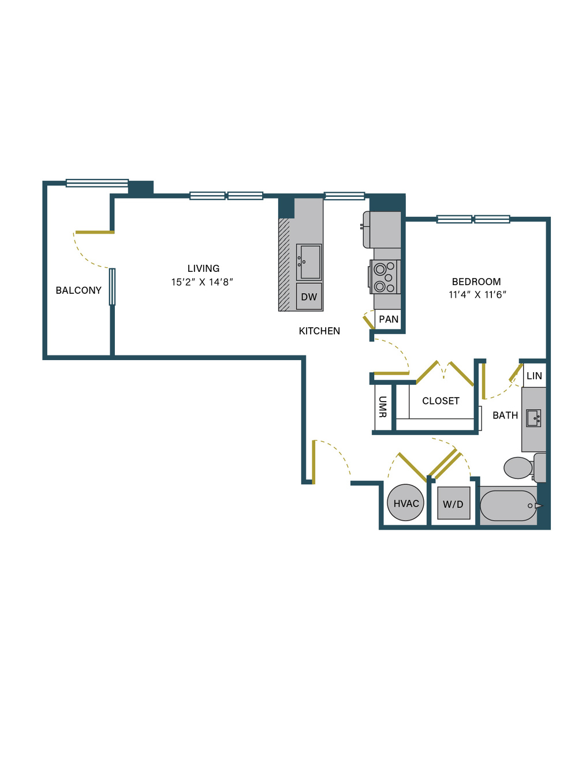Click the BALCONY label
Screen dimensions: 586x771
79,290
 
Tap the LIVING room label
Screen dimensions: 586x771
203,268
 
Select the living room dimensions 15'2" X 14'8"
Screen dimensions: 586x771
202,282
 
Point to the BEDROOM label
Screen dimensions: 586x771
476,282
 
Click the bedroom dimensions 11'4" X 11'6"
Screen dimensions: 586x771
477,295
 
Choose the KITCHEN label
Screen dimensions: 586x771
319,331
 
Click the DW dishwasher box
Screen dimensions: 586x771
309,297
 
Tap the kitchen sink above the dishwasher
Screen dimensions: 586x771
309,262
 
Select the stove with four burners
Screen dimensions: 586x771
385,277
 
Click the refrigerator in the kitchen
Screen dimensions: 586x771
382,230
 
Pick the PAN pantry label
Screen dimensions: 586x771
389,319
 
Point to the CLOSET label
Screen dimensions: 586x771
441,401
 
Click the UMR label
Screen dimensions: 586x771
383,407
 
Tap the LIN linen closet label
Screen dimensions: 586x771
534,376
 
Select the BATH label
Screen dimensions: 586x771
505,416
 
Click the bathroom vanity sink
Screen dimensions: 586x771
533,418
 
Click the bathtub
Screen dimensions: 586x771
509,506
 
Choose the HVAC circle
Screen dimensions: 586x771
405,503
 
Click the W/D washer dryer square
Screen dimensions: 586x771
454,503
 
